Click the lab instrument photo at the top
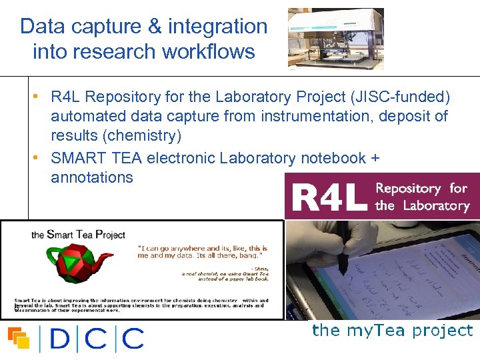[335, 39]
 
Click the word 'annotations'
[92, 177]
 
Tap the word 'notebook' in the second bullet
[333, 158]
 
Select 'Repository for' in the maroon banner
[421, 188]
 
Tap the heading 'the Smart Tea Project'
[78, 235]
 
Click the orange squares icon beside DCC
[19, 338]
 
